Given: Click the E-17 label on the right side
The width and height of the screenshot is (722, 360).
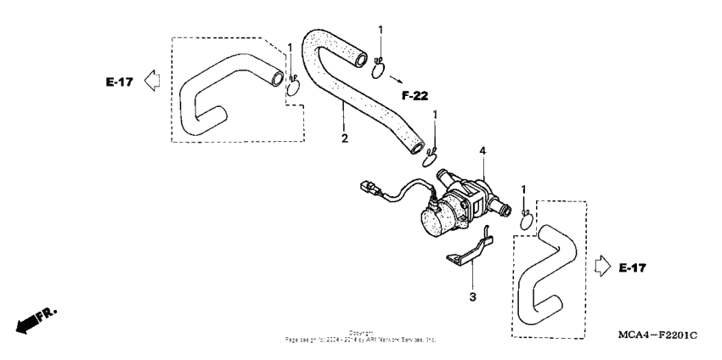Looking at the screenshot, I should click(632, 268).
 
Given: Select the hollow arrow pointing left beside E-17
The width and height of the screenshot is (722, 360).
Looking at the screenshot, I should click(152, 81).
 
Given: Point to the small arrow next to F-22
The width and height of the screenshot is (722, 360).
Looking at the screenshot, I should click(396, 79).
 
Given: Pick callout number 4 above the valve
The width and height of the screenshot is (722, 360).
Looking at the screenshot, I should click(481, 152).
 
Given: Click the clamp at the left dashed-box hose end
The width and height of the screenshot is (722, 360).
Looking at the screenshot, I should click(294, 85).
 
